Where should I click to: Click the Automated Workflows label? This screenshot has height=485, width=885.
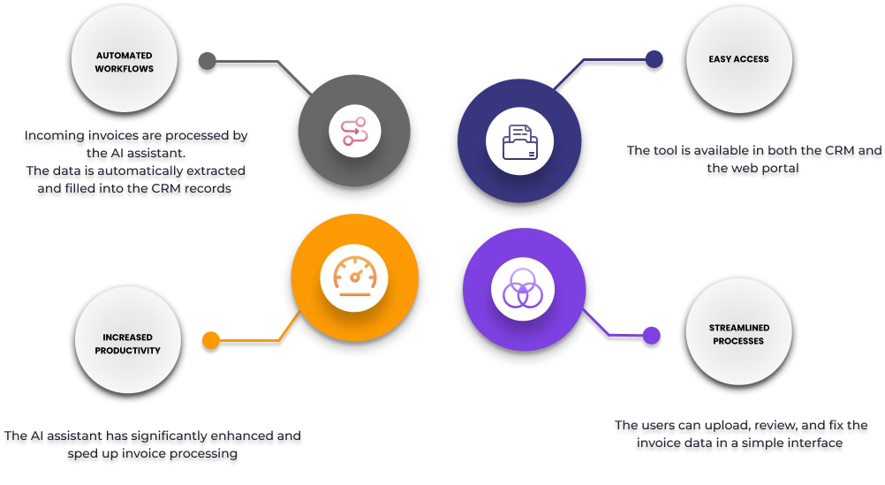click(125, 62)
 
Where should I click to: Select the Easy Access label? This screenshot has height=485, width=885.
click(738, 59)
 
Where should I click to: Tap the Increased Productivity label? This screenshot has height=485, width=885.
click(127, 344)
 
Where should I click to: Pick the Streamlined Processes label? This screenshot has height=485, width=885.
click(738, 334)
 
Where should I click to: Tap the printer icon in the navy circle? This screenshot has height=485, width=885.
click(519, 141)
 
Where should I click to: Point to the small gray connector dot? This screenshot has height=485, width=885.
click(208, 61)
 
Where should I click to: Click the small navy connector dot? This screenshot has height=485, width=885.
click(654, 59)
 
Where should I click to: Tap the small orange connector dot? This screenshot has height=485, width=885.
click(211, 338)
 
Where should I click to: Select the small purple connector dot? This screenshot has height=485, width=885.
click(651, 335)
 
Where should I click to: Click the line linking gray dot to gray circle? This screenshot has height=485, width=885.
click(256, 62)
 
